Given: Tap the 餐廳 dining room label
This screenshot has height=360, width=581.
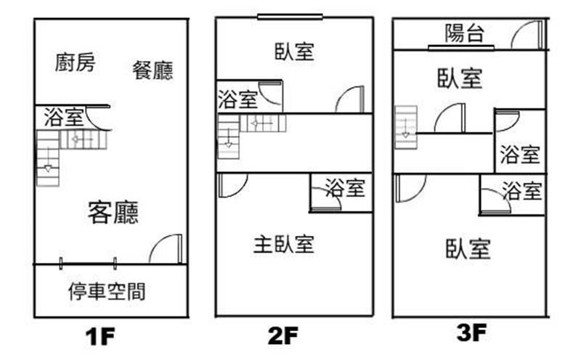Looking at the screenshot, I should [x=153, y=70].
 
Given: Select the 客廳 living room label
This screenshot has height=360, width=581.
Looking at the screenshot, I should [x=113, y=212].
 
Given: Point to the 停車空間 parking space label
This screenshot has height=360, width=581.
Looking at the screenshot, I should [x=106, y=292].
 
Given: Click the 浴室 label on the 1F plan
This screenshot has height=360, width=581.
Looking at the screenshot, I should [x=63, y=118].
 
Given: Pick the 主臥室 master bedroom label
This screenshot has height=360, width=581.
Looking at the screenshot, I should [x=283, y=244].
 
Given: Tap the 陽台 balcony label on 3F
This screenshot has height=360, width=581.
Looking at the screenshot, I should [x=466, y=33].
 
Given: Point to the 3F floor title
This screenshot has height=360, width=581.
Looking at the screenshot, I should [x=471, y=335].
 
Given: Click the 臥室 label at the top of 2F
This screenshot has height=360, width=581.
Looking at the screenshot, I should [x=295, y=52].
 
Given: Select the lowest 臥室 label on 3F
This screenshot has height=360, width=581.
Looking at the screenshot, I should [x=468, y=249].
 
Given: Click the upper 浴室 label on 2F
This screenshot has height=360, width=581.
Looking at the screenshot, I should [x=237, y=99].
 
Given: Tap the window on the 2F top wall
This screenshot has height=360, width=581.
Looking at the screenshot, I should [x=280, y=18].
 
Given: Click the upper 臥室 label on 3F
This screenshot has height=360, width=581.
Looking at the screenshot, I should [x=460, y=78].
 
